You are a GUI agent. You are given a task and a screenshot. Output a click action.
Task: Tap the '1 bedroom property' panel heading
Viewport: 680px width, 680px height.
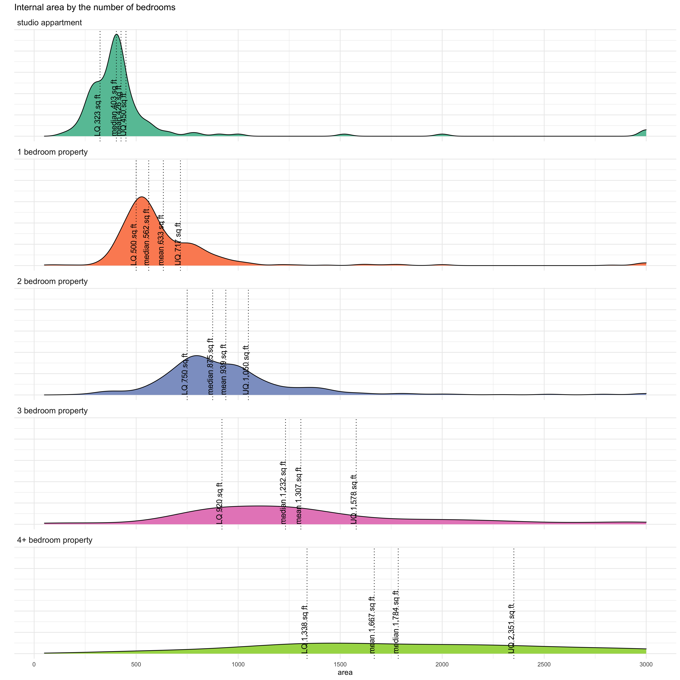tap(52, 152)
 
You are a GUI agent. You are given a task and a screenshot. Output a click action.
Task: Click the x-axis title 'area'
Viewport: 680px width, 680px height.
tap(345, 672)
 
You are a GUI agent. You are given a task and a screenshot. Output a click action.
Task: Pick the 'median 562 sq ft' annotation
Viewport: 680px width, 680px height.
tap(146, 237)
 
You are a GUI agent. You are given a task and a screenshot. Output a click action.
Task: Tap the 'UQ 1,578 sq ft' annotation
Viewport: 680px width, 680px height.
tap(354, 499)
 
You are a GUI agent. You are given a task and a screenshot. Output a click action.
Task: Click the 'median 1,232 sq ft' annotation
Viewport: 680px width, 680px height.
tap(283, 492)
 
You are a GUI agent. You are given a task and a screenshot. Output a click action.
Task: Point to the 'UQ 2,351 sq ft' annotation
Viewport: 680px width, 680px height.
tap(511, 628)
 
